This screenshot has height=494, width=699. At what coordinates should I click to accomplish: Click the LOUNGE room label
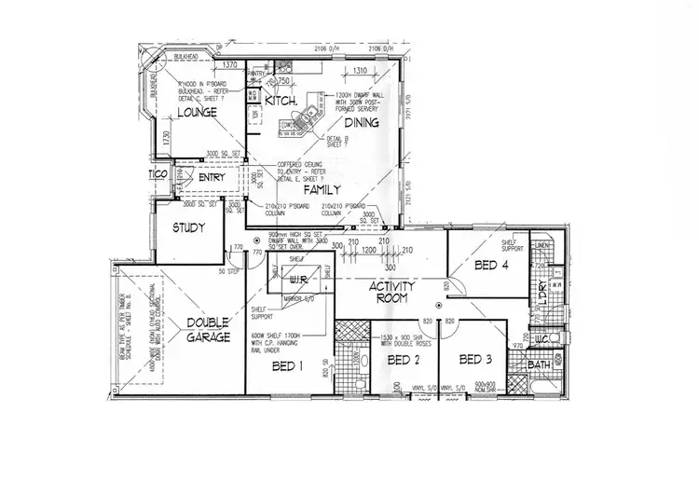198,112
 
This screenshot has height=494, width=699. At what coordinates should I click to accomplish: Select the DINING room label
363,122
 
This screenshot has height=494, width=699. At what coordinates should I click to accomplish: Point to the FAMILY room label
322,188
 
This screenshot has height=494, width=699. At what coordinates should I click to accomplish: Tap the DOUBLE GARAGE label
207,330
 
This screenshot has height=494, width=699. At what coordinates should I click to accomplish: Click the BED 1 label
286,367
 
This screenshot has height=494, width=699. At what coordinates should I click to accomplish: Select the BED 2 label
404,360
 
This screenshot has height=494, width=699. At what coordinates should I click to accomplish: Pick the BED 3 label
474,359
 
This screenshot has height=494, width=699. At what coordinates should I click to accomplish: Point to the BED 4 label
491,266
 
